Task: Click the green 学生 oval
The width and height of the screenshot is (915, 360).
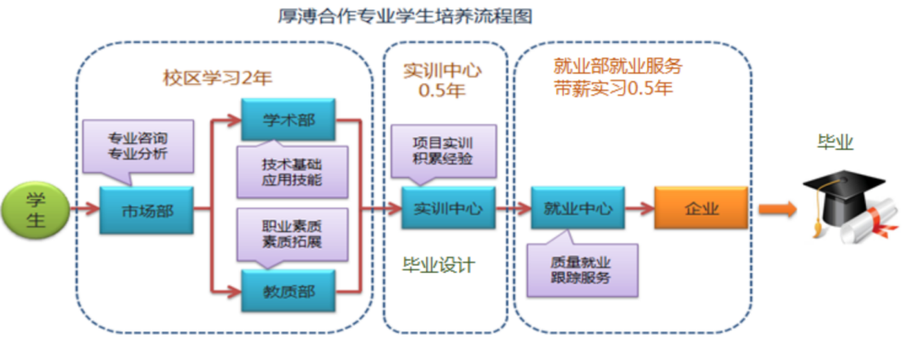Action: [x=35, y=210]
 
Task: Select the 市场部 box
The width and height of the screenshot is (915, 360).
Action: [x=146, y=210]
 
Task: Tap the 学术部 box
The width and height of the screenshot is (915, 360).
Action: [x=288, y=119]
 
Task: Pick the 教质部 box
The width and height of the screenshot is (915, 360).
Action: [x=288, y=291]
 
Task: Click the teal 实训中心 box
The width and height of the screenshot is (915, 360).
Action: [x=448, y=208]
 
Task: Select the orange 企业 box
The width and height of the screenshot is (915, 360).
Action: [x=701, y=208]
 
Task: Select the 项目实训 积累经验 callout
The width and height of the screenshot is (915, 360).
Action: [x=442, y=150]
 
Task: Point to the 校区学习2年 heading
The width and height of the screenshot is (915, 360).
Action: [x=218, y=77]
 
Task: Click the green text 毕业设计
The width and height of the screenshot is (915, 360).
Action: [x=438, y=264]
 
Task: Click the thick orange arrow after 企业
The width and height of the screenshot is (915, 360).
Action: [x=777, y=208]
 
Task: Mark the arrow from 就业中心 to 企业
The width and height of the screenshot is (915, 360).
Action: [x=640, y=208]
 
